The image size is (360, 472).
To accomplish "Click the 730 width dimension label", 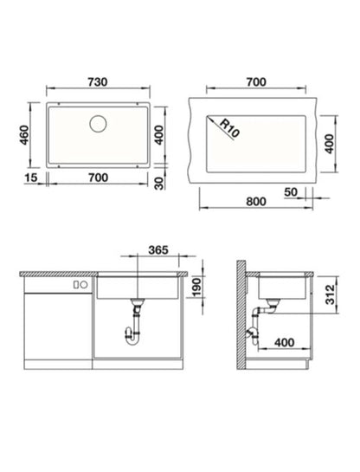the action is tap(98, 82).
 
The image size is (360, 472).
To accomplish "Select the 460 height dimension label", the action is tap(24, 135).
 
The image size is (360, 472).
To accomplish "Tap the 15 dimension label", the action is tap(31, 178).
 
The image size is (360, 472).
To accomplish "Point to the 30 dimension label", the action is tap(159, 184).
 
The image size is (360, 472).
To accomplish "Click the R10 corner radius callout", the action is tap(230, 128).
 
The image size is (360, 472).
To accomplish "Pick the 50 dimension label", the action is tap(291, 192).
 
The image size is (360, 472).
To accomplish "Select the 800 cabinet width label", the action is tap(256, 202).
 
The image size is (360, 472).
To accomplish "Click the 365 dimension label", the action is tap(158, 249).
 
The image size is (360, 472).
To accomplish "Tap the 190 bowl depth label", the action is tap(196, 288).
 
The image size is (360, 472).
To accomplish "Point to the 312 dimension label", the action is tap(330, 294).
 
